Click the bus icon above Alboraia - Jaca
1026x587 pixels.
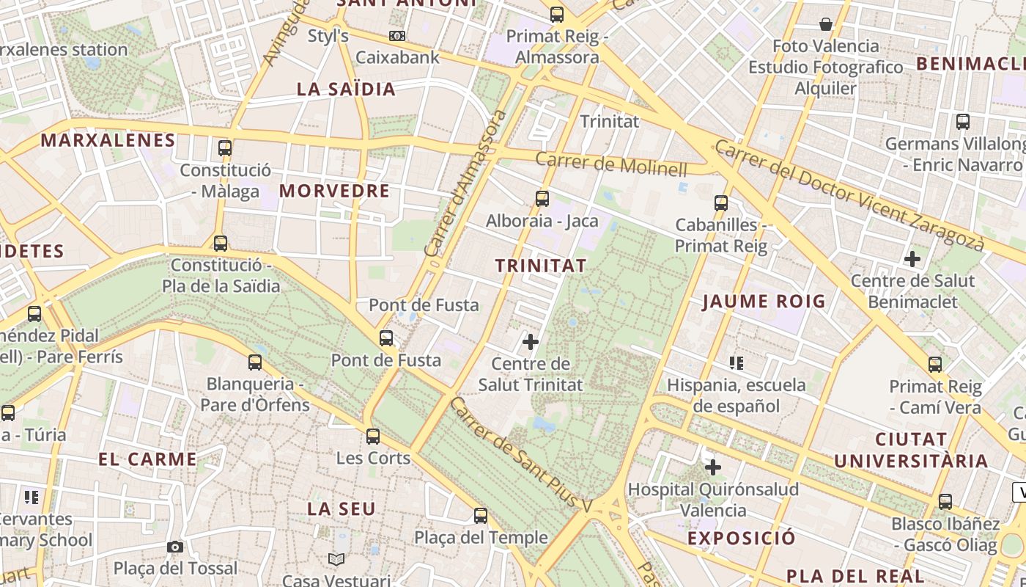tap(542, 198)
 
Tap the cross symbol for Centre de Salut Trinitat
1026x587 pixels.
tap(531, 341)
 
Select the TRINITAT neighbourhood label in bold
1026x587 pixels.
tap(541, 266)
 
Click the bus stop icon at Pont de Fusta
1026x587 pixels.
tap(386, 338)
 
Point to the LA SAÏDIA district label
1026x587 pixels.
tap(346, 90)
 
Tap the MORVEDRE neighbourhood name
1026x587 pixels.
tap(334, 191)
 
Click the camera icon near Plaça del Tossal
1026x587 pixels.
tap(175, 547)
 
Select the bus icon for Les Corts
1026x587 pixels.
tap(373, 437)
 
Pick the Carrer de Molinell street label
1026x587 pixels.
tap(611, 164)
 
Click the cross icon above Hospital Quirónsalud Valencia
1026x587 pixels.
tap(713, 467)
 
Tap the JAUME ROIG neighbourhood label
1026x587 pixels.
tap(764, 301)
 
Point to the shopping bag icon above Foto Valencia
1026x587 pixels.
tap(826, 24)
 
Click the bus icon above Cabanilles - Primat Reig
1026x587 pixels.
tap(721, 203)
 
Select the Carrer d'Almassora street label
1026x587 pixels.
tap(465, 183)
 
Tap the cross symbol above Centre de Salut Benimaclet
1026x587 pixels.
tap(912, 259)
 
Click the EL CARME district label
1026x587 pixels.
tap(148, 459)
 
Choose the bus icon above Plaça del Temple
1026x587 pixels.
tap(481, 516)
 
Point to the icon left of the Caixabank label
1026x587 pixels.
tap(397, 35)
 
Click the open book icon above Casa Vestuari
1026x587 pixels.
tap(336, 560)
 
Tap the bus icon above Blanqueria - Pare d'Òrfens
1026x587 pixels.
tap(255, 362)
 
